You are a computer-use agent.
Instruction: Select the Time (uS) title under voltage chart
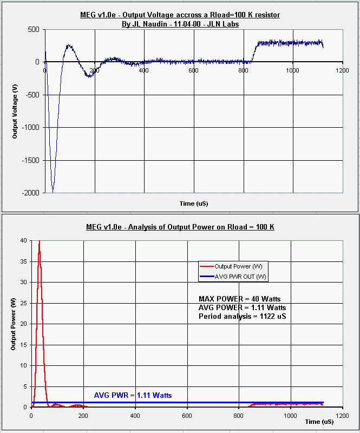pos(194,204)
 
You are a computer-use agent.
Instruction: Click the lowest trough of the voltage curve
pos(53,191)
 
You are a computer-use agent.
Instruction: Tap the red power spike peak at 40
pos(39,241)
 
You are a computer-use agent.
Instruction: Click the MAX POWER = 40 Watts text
pos(239,299)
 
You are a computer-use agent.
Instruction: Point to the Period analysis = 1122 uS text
pos(242,316)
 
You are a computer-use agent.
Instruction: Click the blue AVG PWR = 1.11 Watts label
pos(133,396)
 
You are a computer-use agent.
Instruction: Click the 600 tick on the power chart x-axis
pos(187,415)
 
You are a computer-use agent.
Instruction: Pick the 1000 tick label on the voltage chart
pos(293,71)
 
